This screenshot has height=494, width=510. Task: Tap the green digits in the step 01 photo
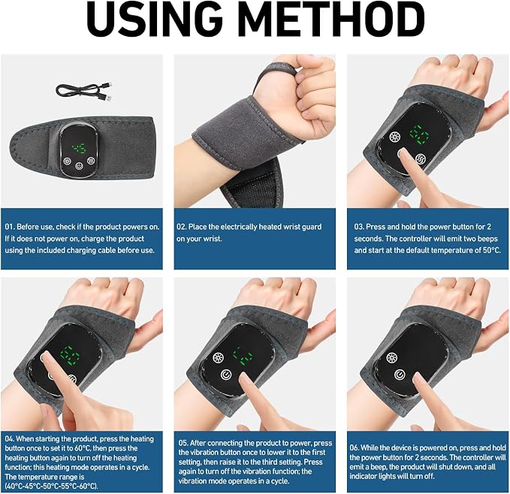point(79,149)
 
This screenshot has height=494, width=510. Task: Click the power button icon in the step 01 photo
point(79,167)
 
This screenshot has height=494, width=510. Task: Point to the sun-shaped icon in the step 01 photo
point(67,161)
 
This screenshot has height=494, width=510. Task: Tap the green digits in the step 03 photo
point(419,134)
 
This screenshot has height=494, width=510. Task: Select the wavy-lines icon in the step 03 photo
point(421,159)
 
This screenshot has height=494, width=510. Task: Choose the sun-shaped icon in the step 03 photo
point(395,137)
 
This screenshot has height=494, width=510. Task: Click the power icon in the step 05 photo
point(226,375)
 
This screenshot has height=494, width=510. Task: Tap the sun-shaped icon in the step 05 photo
point(219,358)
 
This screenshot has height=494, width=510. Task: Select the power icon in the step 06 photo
point(400,375)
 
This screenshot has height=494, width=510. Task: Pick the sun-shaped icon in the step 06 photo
point(391,358)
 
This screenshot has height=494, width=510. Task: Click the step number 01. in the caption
point(10,227)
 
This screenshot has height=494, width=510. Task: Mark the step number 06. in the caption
point(355,448)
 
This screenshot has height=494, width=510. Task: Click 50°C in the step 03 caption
point(491,250)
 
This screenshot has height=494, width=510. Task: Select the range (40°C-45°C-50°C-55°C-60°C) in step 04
point(51,486)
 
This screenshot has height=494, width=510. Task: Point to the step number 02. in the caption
point(182,227)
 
